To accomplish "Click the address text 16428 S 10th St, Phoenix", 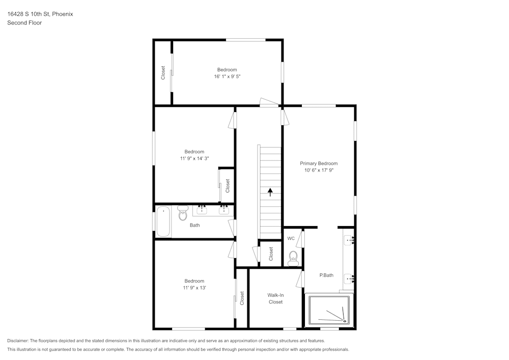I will point(40,14).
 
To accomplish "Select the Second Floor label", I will point(24,23).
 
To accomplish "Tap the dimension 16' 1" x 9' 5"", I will point(227,77).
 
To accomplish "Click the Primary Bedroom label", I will point(319,163).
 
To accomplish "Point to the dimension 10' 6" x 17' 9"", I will point(319,171).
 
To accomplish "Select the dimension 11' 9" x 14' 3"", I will point(194,158).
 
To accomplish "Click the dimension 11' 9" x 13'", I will point(194,288).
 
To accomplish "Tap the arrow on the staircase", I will point(270,192).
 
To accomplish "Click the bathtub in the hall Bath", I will point(163,221).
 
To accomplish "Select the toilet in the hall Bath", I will point(183,214).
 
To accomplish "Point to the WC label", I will point(291,238).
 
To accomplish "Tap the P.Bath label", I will point(326,275).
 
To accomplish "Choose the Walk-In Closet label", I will point(275,298).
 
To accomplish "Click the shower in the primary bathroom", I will point(329,310).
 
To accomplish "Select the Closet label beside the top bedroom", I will point(163,73).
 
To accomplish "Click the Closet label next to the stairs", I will point(271,253).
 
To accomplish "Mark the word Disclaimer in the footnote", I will point(18,341).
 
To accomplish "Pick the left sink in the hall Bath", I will point(202,208).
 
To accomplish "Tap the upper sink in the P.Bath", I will point(349,239).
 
